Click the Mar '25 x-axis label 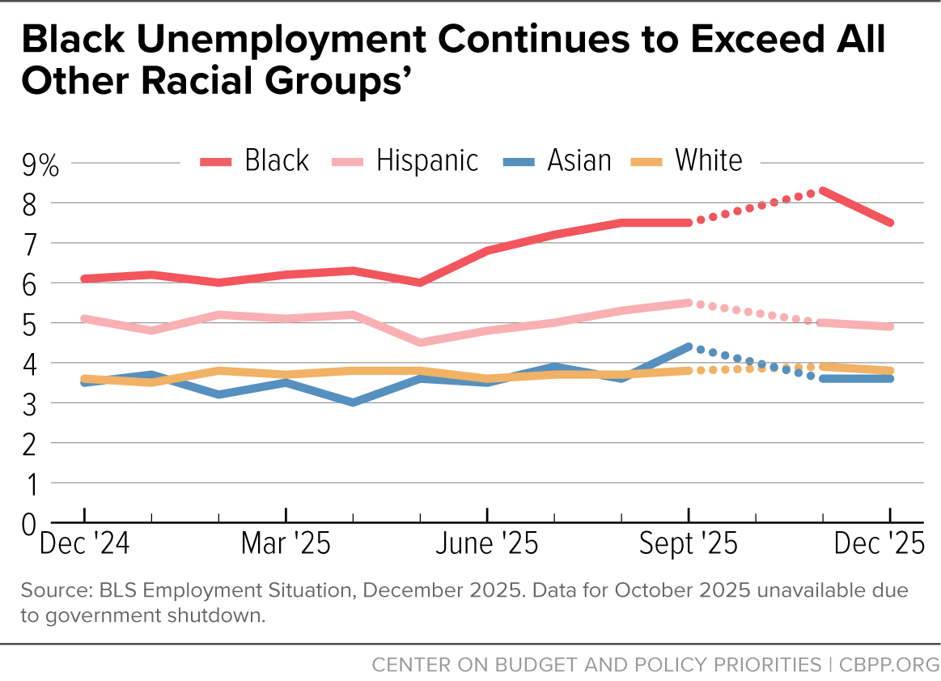[286, 543]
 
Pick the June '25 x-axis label [486, 543]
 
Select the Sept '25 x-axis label [689, 543]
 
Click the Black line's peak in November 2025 [823, 191]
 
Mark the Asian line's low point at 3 [353, 402]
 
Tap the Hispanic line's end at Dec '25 [890, 326]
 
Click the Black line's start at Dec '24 [85, 279]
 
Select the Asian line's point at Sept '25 [688, 347]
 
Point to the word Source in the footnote [49, 589]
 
